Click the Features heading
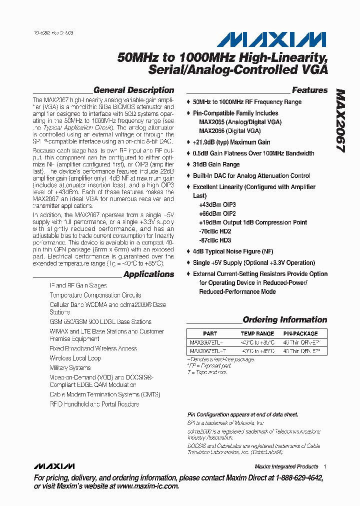click(309, 90)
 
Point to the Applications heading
click(148, 274)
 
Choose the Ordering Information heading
click(284, 319)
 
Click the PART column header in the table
click(210, 333)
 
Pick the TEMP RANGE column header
click(257, 333)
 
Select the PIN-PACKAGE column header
click(300, 333)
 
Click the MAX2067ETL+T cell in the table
click(208, 351)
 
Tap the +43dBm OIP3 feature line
click(217, 204)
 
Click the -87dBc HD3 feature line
click(214, 240)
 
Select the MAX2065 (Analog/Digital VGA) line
click(240, 122)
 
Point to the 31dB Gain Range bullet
click(216, 164)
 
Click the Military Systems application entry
click(70, 367)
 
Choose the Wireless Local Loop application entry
click(75, 358)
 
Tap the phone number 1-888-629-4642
click(295, 478)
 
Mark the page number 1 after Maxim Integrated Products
click(324, 466)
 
